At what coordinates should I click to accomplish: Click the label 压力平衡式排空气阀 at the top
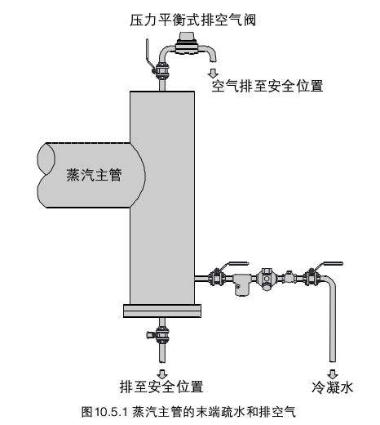coord(192,20)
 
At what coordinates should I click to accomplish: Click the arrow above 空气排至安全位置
coord(213,74)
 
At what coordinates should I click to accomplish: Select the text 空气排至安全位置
coord(267,86)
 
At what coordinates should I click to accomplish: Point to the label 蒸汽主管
coord(94,175)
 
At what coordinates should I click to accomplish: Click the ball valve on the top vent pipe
coord(162,70)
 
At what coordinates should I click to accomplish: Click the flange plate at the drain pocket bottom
coord(162,311)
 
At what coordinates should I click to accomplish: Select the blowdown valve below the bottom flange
coord(161,334)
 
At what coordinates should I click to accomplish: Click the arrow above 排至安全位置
coord(162,374)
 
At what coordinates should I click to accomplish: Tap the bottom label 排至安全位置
coord(161,387)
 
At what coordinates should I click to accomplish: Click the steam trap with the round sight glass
coord(267,279)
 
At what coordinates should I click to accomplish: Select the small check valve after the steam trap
coord(289,278)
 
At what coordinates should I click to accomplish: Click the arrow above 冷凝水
coord(333,374)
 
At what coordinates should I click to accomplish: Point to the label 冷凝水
coord(333,387)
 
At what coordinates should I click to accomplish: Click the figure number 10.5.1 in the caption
coord(111,412)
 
